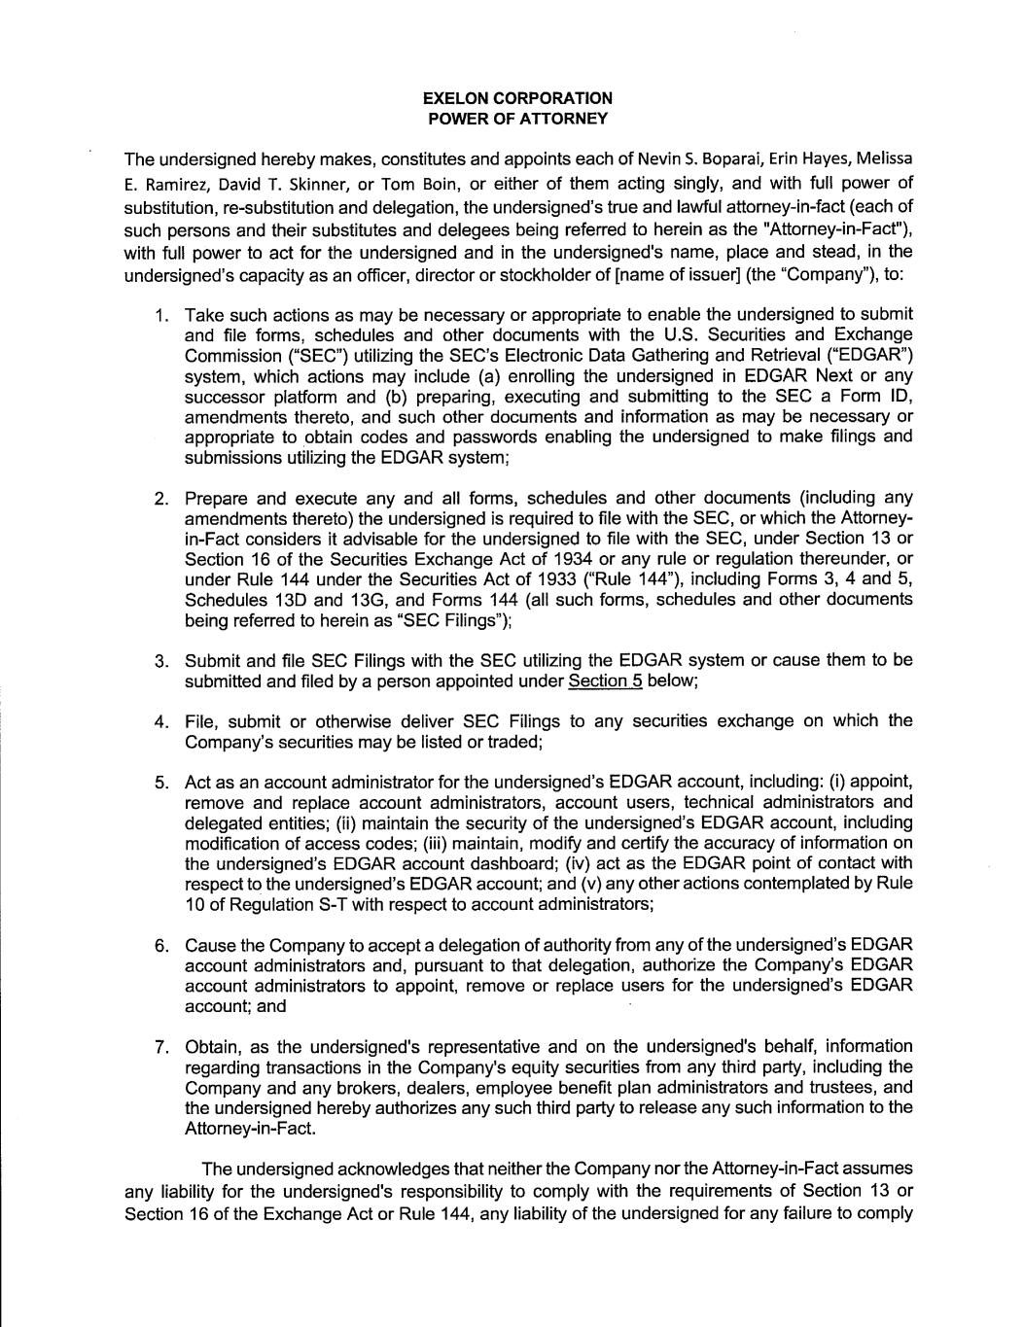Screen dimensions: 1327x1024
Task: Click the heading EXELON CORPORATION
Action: click(x=517, y=98)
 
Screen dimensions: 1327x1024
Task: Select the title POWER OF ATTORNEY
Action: click(x=517, y=119)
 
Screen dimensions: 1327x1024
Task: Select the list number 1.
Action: click(x=162, y=315)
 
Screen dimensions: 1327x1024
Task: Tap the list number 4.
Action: click(x=162, y=721)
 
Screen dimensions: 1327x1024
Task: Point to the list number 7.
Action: click(x=162, y=1047)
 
